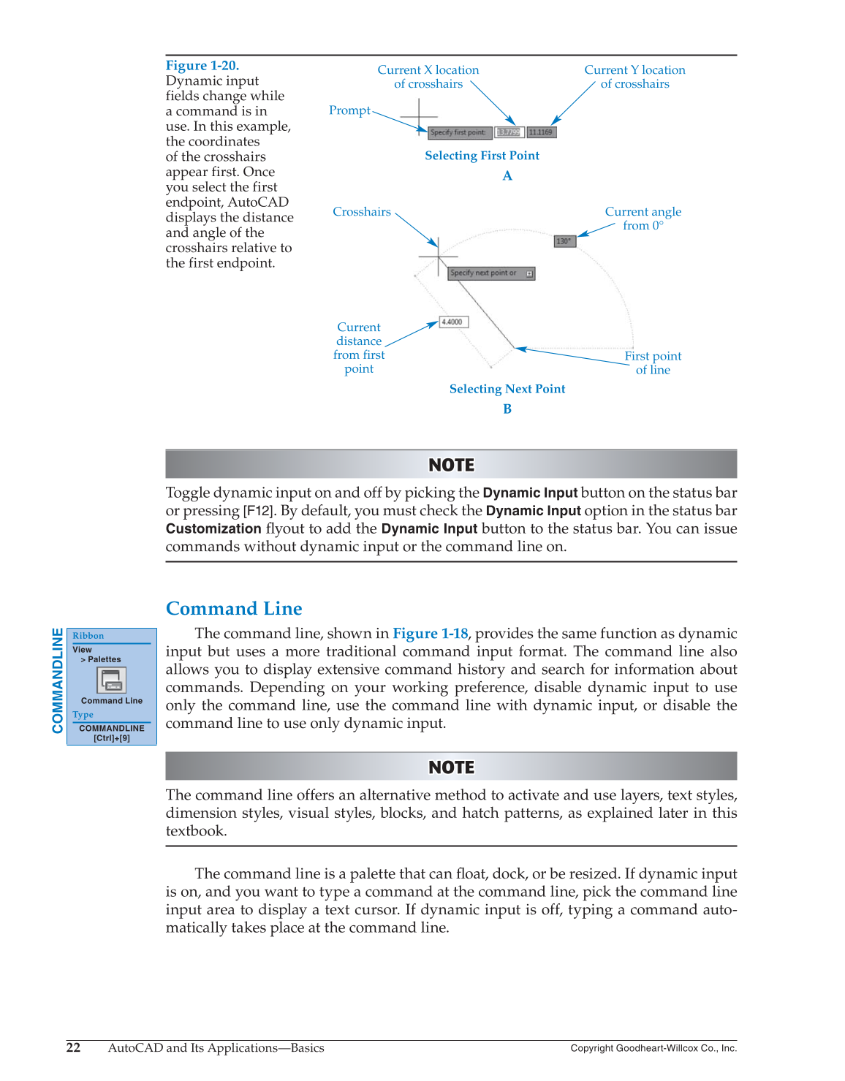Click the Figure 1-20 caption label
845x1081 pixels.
[x=202, y=66]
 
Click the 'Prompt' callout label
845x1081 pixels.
[x=349, y=110]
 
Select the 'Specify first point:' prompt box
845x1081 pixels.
[x=459, y=132]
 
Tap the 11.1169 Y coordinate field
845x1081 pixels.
[x=542, y=132]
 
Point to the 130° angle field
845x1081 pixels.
[x=564, y=241]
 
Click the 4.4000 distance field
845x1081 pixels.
[x=453, y=322]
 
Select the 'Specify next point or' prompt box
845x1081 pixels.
[x=490, y=273]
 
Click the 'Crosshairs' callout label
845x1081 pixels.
[x=362, y=212]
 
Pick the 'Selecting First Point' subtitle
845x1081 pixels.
[x=482, y=156]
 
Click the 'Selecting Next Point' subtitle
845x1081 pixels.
[x=507, y=389]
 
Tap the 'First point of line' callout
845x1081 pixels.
[x=653, y=363]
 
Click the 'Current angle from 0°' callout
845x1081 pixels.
[x=643, y=219]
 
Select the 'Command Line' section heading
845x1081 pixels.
[x=234, y=609]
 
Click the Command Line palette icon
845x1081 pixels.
[x=112, y=680]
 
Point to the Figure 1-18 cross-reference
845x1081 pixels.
[x=430, y=634]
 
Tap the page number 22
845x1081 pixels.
[x=74, y=1047]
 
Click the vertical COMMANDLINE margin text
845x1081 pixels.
[x=57, y=680]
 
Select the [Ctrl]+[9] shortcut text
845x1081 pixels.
[x=112, y=738]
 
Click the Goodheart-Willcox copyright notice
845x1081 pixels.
[x=653, y=1048]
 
